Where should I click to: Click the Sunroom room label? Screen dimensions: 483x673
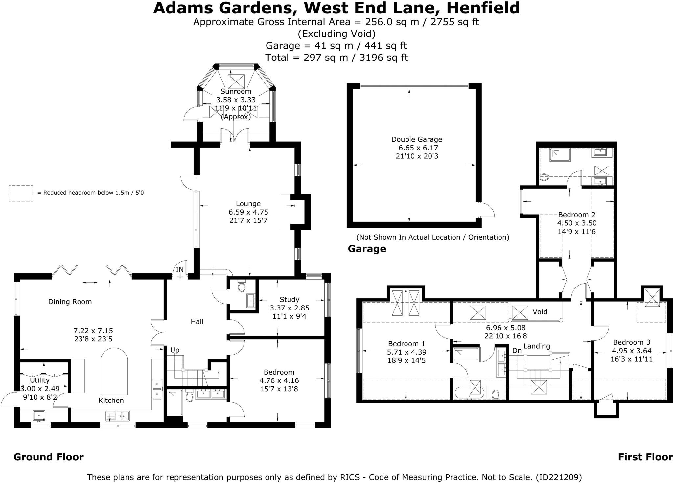236,91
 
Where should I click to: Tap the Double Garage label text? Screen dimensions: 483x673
417,139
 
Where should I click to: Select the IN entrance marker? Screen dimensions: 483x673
180,270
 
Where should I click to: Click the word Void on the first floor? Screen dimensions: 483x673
540,311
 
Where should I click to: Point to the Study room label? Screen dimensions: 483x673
289,299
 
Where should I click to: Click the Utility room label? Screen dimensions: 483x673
40,380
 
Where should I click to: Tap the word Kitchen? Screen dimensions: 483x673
111,400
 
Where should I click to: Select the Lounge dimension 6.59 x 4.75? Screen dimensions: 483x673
248,212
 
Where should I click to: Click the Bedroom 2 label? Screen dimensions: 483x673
577,215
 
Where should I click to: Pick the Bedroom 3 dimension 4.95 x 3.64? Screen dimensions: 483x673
631,351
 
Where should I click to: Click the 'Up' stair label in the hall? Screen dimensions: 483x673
175,350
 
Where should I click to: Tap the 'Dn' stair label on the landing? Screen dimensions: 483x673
517,351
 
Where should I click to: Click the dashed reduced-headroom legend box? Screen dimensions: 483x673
20,193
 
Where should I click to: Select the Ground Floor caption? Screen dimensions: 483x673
49,457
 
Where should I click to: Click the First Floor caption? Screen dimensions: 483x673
645,457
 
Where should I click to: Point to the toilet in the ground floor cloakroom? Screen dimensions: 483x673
242,287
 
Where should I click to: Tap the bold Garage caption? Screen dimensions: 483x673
367,249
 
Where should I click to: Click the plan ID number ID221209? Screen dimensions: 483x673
559,477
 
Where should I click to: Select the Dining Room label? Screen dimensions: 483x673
70,302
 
